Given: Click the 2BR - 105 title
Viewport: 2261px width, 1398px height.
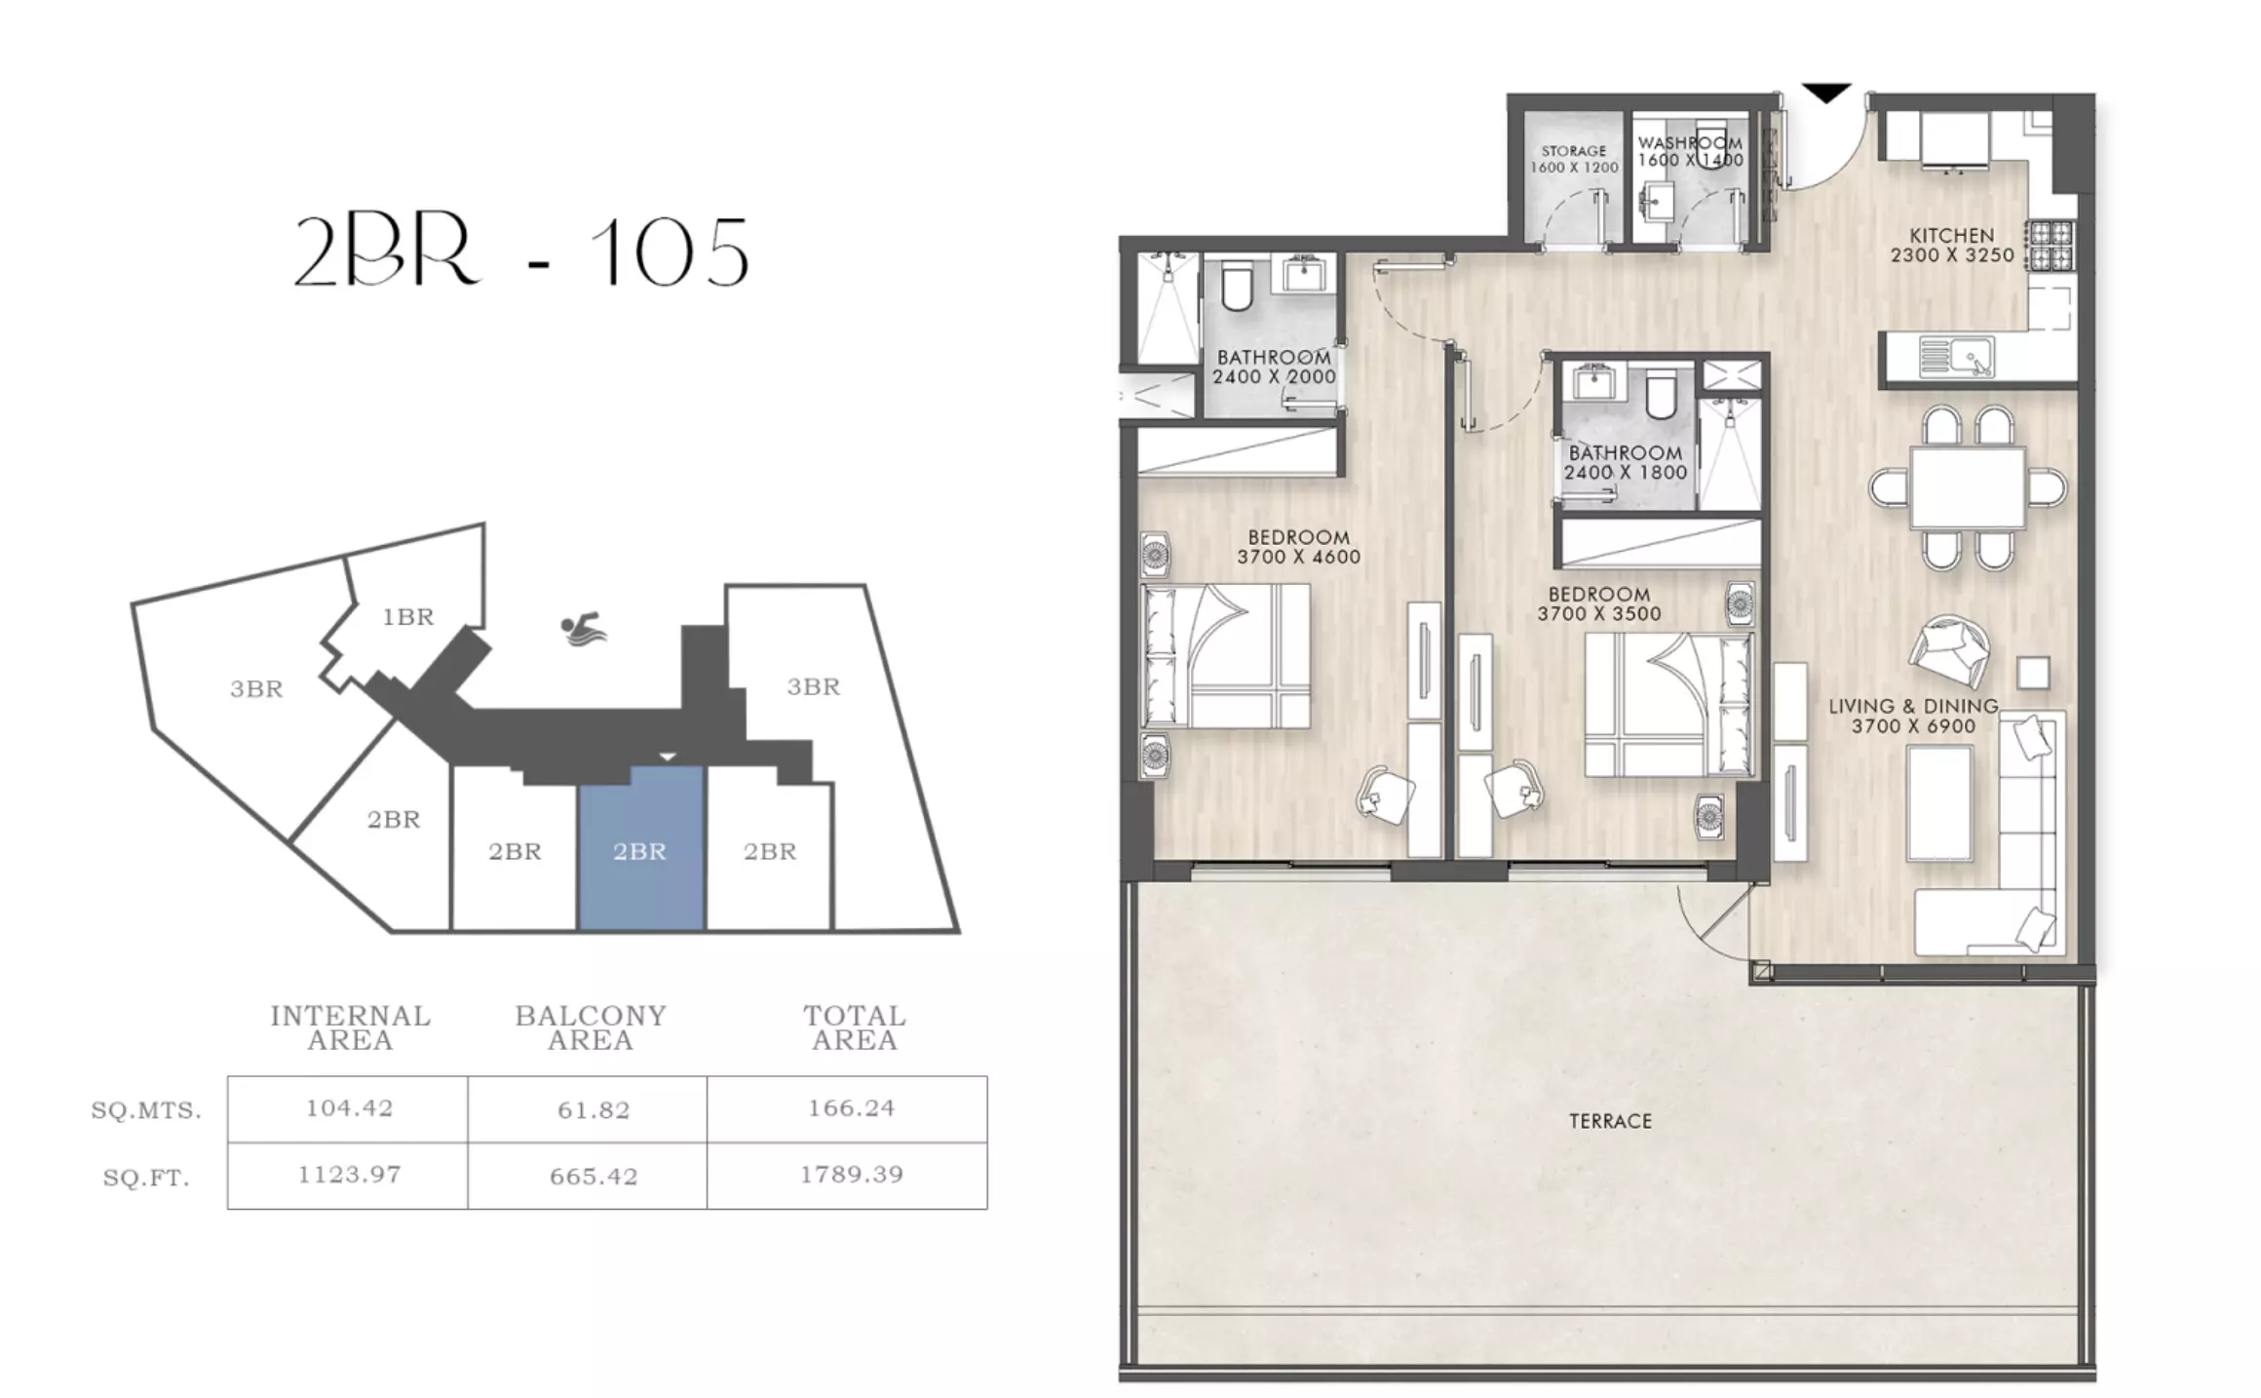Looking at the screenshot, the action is point(521,252).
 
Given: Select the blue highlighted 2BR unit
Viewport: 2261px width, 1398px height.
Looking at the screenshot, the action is point(640,848).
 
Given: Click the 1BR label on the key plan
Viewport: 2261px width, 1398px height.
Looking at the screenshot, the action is point(408,617).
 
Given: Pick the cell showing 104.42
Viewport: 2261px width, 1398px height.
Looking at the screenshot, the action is point(348,1109).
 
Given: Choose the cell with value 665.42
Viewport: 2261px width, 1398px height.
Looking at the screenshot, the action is point(593,1177).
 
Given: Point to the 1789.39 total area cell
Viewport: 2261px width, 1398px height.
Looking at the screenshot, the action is point(851,1175).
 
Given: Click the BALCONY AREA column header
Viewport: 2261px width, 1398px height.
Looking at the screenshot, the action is point(591,1028).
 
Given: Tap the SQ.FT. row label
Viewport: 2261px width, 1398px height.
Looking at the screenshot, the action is point(146,1179).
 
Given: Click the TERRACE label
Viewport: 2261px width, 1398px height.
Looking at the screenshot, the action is point(1610,1121).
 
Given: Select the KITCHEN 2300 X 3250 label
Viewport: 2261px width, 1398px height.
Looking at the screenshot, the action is point(1952,246).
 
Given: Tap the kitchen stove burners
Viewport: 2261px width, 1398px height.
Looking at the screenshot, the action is point(2050,245).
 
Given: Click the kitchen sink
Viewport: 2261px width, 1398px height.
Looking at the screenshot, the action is point(1956,357).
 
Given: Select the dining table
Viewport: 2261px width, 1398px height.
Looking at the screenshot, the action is point(1967,486).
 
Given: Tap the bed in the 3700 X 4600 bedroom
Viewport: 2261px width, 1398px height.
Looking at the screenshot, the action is point(1225,655).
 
